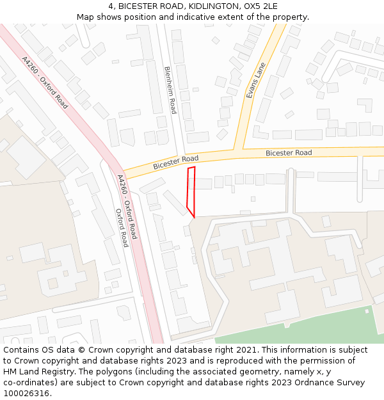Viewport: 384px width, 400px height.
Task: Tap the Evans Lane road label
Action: click(256, 84)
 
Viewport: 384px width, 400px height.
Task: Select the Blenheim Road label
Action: click(170, 90)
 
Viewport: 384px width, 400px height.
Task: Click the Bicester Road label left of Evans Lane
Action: click(175, 162)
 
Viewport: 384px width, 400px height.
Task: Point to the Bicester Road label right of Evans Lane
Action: click(289, 153)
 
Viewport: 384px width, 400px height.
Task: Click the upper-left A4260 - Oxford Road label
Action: click(45, 83)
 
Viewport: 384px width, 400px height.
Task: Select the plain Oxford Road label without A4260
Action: click(121, 228)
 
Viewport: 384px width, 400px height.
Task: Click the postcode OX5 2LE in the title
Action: click(260, 6)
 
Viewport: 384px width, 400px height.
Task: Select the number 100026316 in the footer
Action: click(25, 394)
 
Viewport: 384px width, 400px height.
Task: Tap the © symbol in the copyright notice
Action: click(81, 350)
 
